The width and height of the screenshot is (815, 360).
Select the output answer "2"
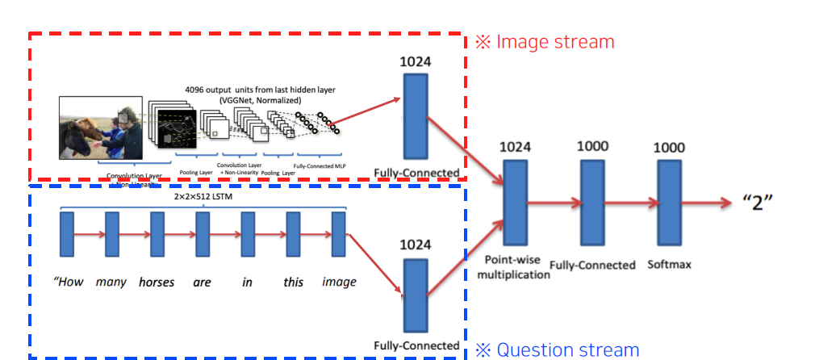point(759,202)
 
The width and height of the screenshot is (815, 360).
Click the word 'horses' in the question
point(156,283)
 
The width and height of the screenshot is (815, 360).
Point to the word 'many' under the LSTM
point(111,283)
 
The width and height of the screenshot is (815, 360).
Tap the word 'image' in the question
point(339,283)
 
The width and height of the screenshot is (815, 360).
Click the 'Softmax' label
point(670,264)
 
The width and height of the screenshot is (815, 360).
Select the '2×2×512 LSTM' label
point(202,196)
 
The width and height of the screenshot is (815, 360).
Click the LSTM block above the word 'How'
point(66,234)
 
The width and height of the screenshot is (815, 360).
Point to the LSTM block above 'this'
point(293,234)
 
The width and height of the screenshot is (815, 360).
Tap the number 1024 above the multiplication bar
point(515,147)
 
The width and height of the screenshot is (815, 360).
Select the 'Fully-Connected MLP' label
point(319,165)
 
